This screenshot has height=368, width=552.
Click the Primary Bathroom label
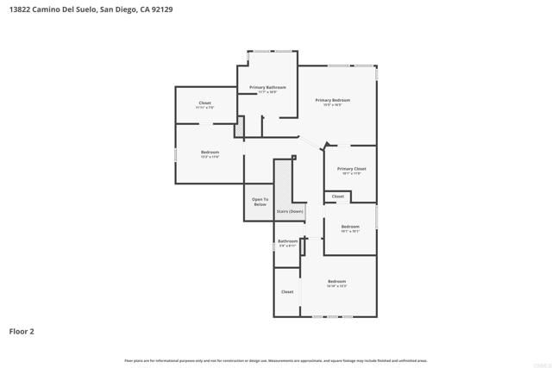tap(267, 87)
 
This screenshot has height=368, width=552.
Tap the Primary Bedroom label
tap(332, 100)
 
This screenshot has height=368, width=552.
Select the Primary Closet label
tap(351, 169)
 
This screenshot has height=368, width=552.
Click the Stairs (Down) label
tap(289, 211)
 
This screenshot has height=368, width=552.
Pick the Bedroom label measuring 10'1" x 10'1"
tap(349, 227)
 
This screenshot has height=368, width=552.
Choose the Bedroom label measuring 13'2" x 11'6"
tap(210, 153)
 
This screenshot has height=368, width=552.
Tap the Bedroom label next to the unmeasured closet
tap(336, 282)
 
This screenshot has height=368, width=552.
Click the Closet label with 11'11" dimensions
tap(204, 103)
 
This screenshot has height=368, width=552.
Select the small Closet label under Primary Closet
tap(338, 196)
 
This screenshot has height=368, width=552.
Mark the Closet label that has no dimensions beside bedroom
tap(287, 292)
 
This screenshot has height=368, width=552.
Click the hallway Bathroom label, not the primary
tap(287, 241)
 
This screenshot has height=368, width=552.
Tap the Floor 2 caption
tap(22, 331)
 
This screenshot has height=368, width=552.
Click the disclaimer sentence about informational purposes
tap(275, 360)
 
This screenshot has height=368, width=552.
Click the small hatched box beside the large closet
tap(241, 126)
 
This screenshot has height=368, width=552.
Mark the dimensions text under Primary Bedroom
tap(332, 105)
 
